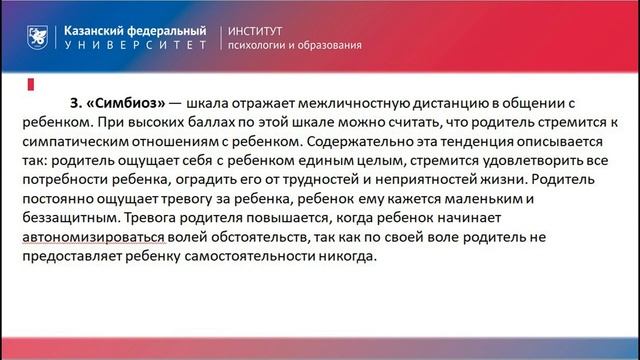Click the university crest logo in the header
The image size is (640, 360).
tap(37, 37)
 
